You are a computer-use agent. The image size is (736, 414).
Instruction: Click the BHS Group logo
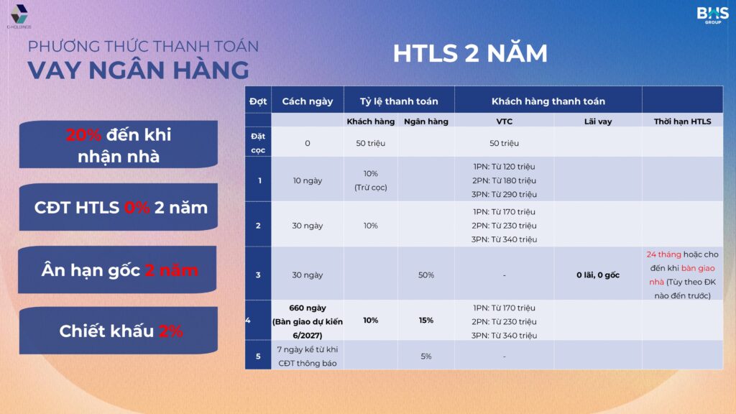(x=712, y=15)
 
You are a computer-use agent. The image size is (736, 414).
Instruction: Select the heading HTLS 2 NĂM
(x=470, y=53)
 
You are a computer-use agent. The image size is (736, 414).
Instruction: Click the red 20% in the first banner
(x=83, y=134)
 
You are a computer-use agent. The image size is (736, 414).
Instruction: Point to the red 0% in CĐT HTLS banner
(x=137, y=208)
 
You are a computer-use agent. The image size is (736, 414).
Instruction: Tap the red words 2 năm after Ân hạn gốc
(x=171, y=270)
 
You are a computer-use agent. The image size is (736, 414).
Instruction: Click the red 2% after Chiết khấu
(x=171, y=331)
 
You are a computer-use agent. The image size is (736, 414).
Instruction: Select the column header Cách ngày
(x=308, y=101)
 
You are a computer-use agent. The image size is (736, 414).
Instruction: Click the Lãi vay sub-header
(x=597, y=121)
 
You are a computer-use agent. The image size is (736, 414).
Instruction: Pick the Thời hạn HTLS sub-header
(x=683, y=121)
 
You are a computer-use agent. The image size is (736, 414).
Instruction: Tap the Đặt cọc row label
(x=258, y=143)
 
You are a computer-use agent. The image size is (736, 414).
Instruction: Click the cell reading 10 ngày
(x=308, y=180)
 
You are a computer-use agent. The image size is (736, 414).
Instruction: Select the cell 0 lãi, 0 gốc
(x=597, y=275)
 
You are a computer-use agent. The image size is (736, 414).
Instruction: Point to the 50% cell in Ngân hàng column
(x=426, y=275)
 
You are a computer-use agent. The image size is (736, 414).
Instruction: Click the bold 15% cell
(x=426, y=320)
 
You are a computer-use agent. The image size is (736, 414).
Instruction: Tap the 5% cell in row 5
(x=426, y=356)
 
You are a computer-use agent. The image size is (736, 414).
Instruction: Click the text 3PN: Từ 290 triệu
(x=504, y=194)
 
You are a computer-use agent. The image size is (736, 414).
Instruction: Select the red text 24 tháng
(x=663, y=254)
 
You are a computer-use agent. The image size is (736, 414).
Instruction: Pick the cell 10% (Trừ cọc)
(x=370, y=180)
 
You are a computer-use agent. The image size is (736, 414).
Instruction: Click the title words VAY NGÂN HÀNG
(x=139, y=70)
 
